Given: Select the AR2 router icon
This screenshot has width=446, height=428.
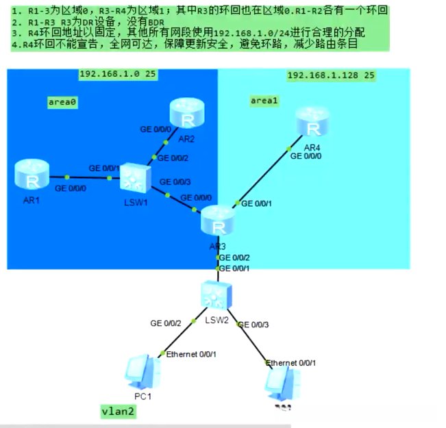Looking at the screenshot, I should (184, 114).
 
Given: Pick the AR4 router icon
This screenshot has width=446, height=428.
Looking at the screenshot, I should (312, 125).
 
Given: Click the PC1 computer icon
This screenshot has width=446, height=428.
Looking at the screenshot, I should (143, 373).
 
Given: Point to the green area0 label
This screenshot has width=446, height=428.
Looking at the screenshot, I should (62, 102).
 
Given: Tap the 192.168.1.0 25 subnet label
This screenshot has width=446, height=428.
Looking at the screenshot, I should (113, 74).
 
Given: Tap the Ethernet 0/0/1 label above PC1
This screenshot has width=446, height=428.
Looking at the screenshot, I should (192, 354).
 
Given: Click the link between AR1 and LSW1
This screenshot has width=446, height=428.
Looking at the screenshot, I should (82, 177).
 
